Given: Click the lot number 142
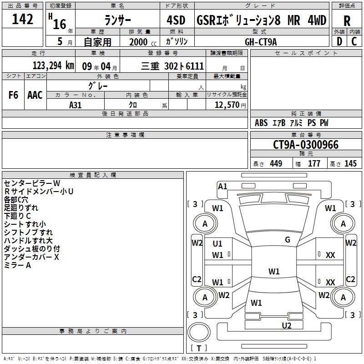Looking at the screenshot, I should pyautogui.click(x=22, y=20).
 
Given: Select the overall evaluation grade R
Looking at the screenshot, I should pyautogui.click(x=347, y=21).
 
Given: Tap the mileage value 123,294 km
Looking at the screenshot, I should pyautogui.click(x=53, y=66).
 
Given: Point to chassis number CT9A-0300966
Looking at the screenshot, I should pyautogui.click(x=306, y=145).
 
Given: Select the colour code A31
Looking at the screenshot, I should pyautogui.click(x=76, y=104).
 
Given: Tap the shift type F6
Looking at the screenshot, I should pyautogui.click(x=14, y=95).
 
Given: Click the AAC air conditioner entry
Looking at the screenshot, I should pyautogui.click(x=35, y=95).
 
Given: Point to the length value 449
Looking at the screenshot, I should pyautogui.click(x=276, y=164).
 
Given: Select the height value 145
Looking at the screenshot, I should pyautogui.click(x=350, y=164).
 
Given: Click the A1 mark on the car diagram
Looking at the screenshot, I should pyautogui.click(x=222, y=186).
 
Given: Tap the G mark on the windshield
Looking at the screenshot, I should pyautogui.click(x=288, y=240).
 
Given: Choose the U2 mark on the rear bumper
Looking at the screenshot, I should pyautogui.click(x=286, y=325).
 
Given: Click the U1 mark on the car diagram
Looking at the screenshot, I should pyautogui.click(x=217, y=244).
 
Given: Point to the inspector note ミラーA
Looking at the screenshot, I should pyautogui.click(x=17, y=265).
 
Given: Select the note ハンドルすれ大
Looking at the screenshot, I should pyautogui.click(x=28, y=241).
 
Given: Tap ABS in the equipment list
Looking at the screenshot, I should pyautogui.click(x=261, y=123).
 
